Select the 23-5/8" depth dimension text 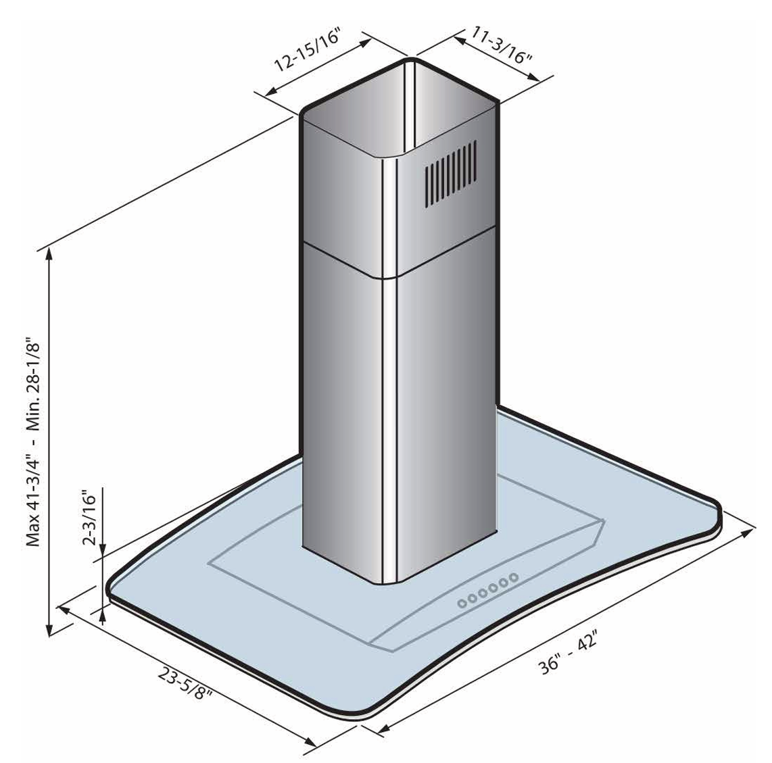(x=185, y=685)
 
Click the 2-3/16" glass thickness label (x=89, y=518)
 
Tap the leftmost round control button (x=462, y=603)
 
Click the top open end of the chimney (x=400, y=107)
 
